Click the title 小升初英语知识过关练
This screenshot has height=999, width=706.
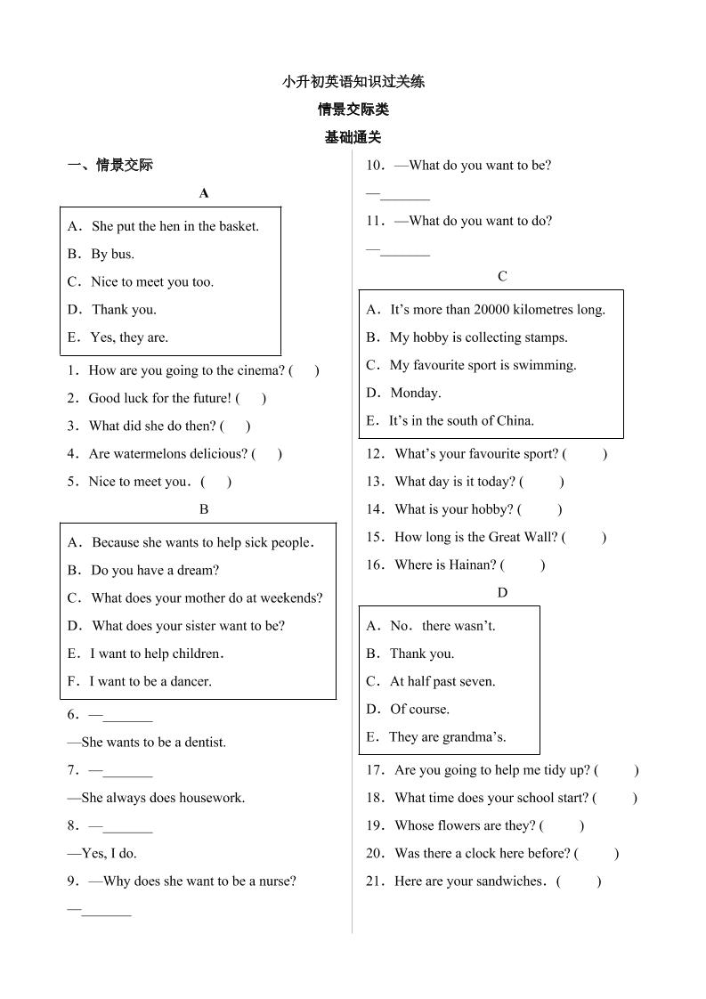353,82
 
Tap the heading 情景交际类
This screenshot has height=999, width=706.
353,110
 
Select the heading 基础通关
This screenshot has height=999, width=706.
353,137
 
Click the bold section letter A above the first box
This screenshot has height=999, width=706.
204,193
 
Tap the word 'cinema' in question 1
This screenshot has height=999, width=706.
262,370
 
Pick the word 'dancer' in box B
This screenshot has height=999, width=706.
190,681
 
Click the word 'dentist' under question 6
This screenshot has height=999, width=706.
205,742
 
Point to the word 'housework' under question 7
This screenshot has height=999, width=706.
212,798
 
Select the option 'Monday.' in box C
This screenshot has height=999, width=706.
415,393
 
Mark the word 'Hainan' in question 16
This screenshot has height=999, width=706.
472,564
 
